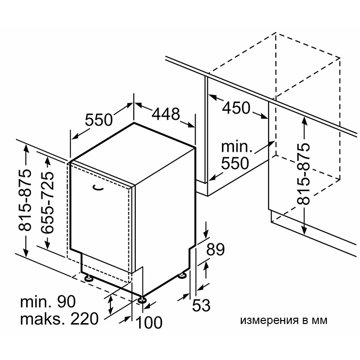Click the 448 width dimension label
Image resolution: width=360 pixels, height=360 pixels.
166,114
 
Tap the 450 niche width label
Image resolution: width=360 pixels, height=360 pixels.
236,108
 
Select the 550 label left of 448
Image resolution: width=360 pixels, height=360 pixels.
99,120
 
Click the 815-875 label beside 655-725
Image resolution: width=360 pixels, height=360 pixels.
25,200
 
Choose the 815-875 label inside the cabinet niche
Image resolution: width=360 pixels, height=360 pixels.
303,174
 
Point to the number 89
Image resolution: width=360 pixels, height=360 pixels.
215,250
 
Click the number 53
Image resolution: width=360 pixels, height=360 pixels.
201,306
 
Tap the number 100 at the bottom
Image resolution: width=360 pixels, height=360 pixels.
149,323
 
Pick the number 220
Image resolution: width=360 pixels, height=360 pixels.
85,319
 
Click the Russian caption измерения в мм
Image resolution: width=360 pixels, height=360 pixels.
284,320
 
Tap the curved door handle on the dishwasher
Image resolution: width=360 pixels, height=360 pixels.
98,188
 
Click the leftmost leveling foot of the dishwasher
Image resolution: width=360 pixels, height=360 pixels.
89,278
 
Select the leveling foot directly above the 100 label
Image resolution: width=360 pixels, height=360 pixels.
142,299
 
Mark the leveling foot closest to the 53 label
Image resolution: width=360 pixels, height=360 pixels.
183,275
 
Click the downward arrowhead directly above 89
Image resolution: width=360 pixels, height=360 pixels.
206,235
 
